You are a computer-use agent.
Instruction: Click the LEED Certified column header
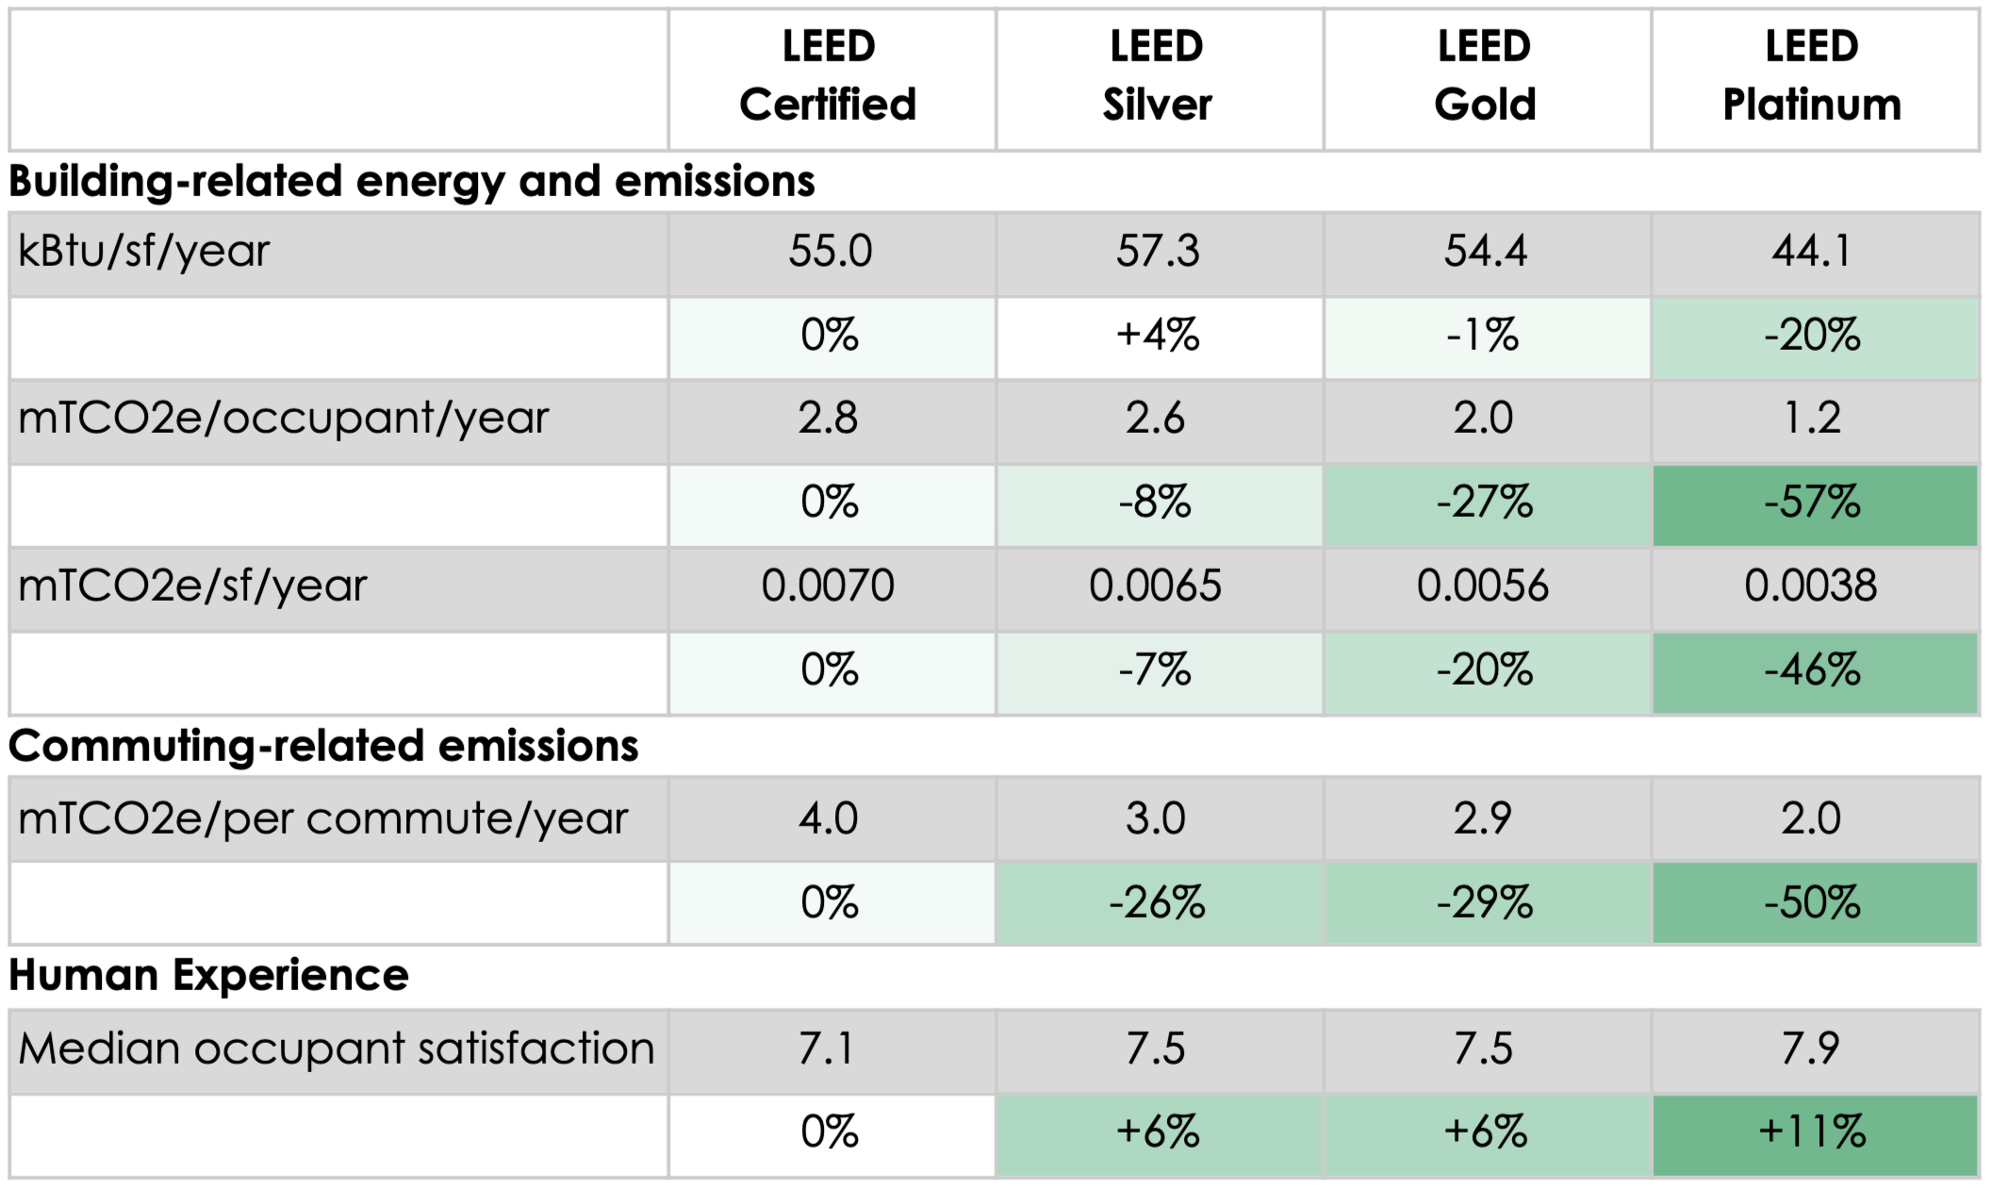tap(829, 76)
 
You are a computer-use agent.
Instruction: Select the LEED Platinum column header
tap(1812, 76)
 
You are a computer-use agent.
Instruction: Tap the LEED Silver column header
tap(1157, 76)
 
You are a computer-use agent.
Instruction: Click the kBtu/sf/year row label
tap(143, 252)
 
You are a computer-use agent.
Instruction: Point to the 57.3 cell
tap(1158, 252)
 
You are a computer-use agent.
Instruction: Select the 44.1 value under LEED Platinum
tap(1811, 252)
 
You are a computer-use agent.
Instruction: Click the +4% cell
tap(1158, 336)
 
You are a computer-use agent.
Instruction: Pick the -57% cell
tap(1812, 503)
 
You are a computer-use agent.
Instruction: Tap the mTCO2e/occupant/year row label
tap(283, 419)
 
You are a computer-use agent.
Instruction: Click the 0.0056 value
tap(1483, 587)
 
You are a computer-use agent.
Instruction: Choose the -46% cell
tap(1812, 670)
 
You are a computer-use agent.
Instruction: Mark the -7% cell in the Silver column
tap(1156, 670)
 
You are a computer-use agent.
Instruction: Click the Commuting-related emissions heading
tap(323, 746)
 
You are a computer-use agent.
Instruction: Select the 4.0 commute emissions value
tap(829, 818)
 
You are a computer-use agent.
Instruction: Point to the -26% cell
tap(1157, 903)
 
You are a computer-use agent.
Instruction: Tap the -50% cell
tap(1812, 903)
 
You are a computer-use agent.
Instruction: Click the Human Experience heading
tap(208, 975)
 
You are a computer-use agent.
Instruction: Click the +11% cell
tap(1812, 1132)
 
